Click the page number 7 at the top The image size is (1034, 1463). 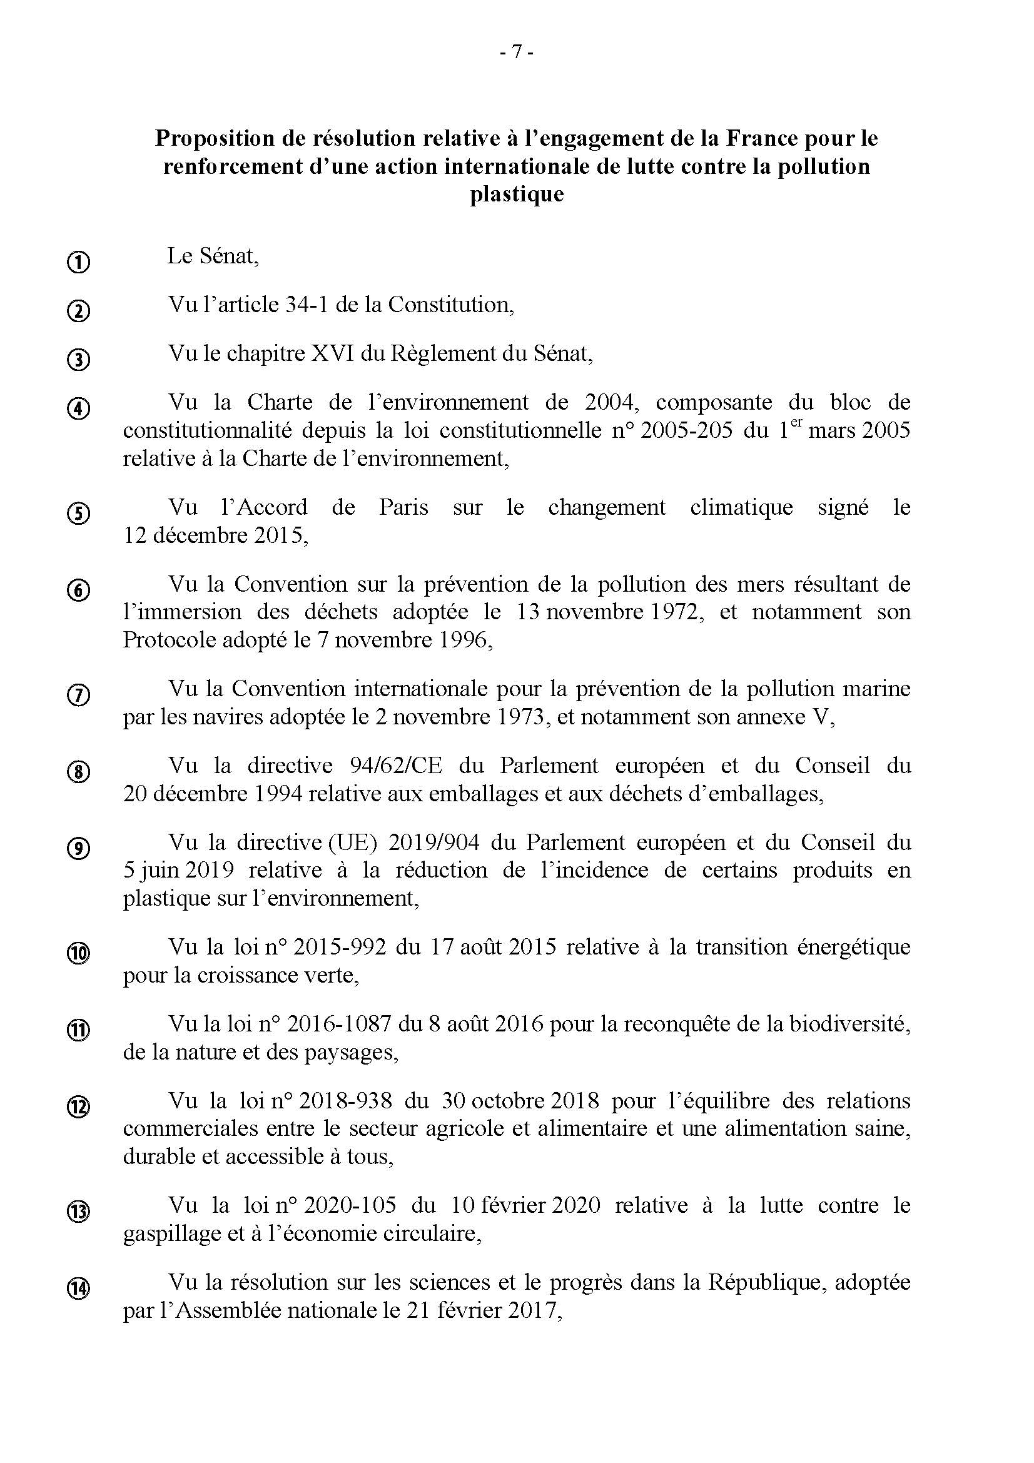tap(516, 53)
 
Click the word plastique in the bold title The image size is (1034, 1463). tap(517, 195)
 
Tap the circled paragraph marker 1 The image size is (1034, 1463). tap(78, 262)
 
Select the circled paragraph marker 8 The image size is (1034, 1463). tap(78, 772)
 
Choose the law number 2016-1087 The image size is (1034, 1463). tap(339, 1025)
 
